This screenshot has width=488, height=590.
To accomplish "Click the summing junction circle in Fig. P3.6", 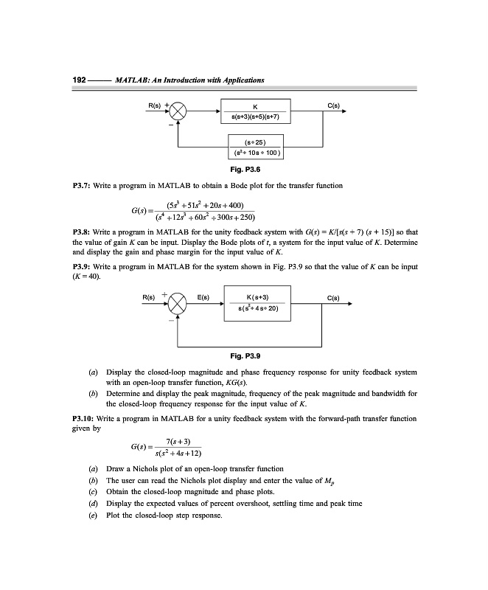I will pyautogui.click(x=178, y=113).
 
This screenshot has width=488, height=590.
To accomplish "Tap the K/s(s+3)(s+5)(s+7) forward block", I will pyautogui.click(x=255, y=112).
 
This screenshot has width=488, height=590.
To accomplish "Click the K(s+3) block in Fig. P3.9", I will pyautogui.click(x=255, y=303).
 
